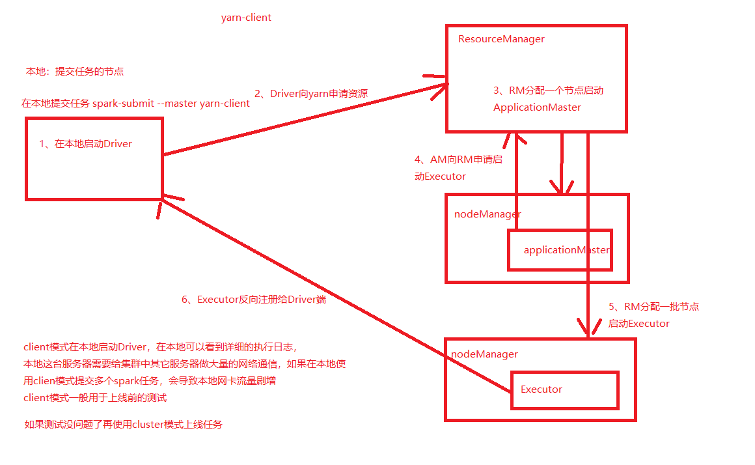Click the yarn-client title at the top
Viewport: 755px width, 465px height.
click(246, 18)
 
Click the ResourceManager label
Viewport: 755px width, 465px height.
click(501, 39)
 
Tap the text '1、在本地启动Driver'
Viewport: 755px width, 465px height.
click(85, 144)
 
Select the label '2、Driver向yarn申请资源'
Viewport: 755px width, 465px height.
click(310, 94)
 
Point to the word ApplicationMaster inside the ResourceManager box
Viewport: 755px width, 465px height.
click(537, 107)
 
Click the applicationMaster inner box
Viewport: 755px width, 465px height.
click(560, 249)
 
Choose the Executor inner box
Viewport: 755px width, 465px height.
click(564, 389)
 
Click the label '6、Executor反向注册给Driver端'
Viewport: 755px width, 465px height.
click(253, 300)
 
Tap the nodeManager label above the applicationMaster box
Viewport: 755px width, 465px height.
click(487, 214)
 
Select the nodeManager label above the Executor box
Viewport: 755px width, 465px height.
click(485, 354)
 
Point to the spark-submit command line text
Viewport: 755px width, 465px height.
click(135, 104)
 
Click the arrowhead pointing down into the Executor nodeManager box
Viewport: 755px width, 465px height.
click(588, 329)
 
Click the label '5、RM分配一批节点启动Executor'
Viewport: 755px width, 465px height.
click(653, 315)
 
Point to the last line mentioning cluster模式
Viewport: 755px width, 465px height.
click(123, 425)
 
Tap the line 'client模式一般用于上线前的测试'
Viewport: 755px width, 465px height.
click(100, 398)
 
